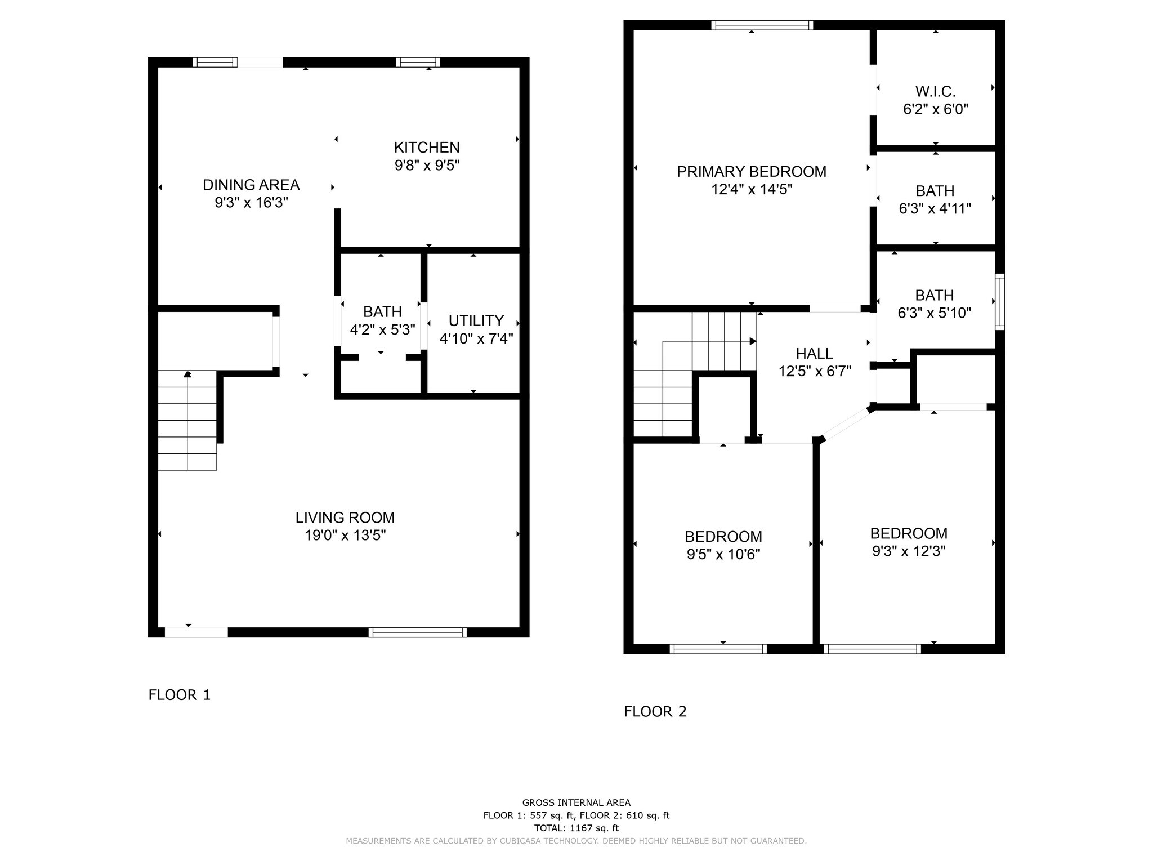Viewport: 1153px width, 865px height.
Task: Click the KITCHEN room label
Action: click(x=427, y=148)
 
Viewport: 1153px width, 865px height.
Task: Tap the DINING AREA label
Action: click(x=251, y=185)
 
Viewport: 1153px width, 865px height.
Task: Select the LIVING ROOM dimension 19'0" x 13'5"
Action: click(x=345, y=535)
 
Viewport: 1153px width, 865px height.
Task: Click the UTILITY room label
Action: click(x=476, y=320)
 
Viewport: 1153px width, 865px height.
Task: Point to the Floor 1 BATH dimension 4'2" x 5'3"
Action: click(x=382, y=329)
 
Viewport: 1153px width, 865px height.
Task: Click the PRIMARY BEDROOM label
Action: click(x=752, y=172)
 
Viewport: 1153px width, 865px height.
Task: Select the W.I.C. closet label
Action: click(x=936, y=91)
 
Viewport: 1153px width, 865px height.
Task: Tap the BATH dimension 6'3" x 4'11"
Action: click(x=935, y=209)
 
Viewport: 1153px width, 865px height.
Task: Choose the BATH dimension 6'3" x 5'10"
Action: click(x=935, y=313)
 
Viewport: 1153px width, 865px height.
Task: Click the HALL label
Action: click(x=815, y=354)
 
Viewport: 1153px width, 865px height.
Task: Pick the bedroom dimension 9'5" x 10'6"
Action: click(x=723, y=555)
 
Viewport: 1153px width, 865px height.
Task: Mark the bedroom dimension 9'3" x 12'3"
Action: click(x=909, y=551)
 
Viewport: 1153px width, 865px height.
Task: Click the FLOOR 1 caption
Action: click(x=180, y=695)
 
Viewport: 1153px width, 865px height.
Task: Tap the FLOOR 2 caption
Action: click(x=655, y=712)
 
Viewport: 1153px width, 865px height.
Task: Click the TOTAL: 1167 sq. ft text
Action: click(x=576, y=828)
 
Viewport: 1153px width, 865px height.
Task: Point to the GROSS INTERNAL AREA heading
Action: click(x=576, y=803)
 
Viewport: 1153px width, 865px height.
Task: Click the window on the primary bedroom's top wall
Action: click(x=762, y=25)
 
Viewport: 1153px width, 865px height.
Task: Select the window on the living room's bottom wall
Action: click(x=418, y=632)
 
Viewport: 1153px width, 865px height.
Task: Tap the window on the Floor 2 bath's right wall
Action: click(x=1000, y=302)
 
